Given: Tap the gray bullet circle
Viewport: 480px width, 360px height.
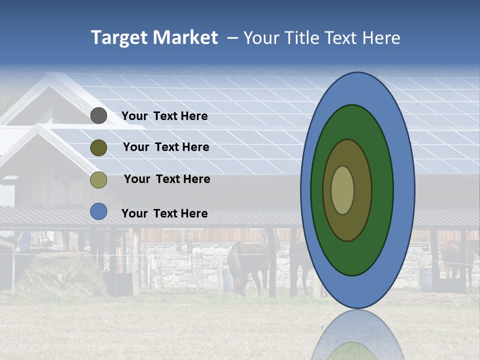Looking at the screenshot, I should tap(98, 116).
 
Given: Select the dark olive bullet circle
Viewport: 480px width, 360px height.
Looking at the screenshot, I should tap(98, 147).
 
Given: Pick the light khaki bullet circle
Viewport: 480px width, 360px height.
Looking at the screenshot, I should tap(98, 179).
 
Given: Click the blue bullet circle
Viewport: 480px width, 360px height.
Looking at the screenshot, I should tap(98, 211).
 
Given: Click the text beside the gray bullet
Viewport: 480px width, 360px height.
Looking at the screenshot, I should tap(164, 116).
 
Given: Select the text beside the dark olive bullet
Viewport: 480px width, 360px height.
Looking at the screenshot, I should tap(166, 147).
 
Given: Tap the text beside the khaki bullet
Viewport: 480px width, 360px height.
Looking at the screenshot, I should tap(167, 179).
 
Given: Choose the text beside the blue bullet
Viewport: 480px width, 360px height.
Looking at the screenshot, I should tap(164, 213).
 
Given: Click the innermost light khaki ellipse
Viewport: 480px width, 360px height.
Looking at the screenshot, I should tap(342, 190).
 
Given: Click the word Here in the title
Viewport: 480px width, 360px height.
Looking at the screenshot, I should tap(381, 38).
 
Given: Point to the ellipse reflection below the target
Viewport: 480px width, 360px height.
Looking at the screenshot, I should tap(357, 337).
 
